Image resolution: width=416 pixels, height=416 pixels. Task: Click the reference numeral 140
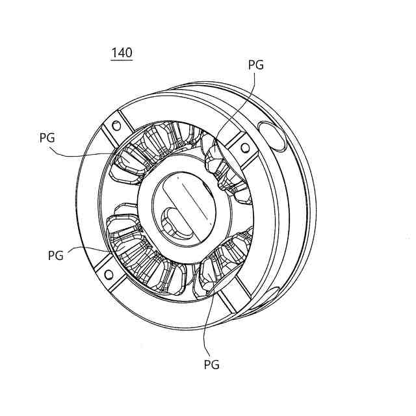pyautogui.click(x=122, y=53)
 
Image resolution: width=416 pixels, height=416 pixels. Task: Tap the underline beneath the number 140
pyautogui.click(x=122, y=60)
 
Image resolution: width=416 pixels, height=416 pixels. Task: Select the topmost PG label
pyautogui.click(x=256, y=65)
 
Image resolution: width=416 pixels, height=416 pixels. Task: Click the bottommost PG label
pyautogui.click(x=212, y=365)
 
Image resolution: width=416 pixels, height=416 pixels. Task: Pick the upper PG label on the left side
pyautogui.click(x=47, y=138)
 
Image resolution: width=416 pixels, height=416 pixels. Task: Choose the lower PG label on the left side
pyautogui.click(x=56, y=255)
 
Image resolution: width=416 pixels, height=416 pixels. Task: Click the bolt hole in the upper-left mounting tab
pyautogui.click(x=117, y=125)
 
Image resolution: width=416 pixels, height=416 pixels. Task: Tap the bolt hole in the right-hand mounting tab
pyautogui.click(x=245, y=148)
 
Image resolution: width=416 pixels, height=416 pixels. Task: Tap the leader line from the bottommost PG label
pyautogui.click(x=205, y=325)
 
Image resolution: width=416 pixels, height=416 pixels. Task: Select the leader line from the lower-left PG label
pyautogui.click(x=91, y=248)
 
